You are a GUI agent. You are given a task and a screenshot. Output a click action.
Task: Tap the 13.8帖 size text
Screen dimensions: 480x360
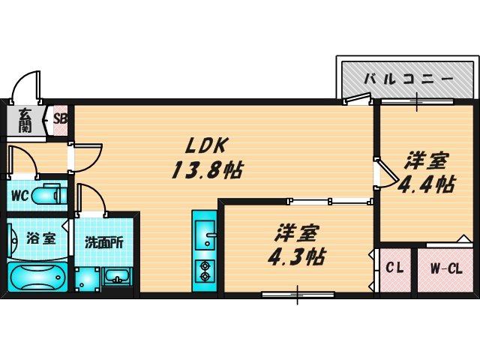[207, 170]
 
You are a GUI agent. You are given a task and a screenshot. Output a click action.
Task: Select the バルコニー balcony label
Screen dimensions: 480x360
[408, 79]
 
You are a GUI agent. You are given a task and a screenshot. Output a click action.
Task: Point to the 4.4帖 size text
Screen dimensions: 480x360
[426, 184]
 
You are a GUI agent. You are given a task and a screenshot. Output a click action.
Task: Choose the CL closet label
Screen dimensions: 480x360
[394, 268]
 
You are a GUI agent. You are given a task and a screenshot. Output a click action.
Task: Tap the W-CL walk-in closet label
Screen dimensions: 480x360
[446, 269]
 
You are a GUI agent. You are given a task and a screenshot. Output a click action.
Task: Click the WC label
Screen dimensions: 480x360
[19, 195]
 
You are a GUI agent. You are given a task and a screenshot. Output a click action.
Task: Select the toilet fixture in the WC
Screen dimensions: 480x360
[49, 195]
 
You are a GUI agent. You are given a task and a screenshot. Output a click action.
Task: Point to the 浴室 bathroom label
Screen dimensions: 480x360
[40, 238]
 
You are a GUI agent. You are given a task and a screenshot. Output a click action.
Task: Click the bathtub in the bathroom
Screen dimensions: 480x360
[38, 277]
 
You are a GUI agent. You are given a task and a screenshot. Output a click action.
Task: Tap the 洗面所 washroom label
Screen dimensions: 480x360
[104, 242]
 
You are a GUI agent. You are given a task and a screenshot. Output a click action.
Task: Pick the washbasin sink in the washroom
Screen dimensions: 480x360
[117, 276]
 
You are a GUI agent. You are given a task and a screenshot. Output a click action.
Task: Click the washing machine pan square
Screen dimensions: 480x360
[87, 279]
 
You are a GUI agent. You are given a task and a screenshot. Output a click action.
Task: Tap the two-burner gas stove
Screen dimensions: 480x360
[205, 271]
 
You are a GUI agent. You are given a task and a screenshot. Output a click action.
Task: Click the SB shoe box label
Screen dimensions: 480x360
[60, 118]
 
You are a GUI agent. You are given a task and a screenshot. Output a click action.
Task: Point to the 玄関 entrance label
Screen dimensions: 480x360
[25, 120]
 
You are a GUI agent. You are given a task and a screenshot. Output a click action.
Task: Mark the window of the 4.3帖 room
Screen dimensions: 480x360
[298, 295]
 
